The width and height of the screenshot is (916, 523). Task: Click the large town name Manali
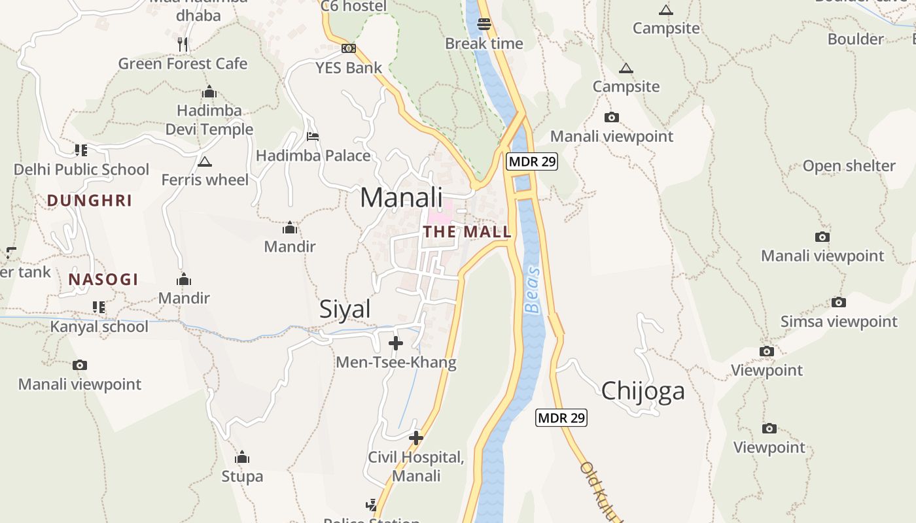(x=401, y=197)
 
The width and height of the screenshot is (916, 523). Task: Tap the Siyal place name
(x=345, y=309)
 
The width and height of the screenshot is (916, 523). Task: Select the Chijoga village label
(x=643, y=391)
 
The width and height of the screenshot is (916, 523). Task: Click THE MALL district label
(x=467, y=231)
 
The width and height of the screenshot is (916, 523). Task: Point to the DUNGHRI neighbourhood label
(x=90, y=201)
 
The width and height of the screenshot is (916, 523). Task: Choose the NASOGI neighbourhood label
(x=103, y=280)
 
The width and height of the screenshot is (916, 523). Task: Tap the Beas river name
(x=533, y=290)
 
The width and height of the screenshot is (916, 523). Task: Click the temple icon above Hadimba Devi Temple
(x=209, y=92)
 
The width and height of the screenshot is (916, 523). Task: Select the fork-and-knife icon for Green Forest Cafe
(x=183, y=44)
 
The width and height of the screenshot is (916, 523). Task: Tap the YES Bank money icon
(x=349, y=48)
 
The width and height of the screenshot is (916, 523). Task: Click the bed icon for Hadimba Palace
(x=313, y=137)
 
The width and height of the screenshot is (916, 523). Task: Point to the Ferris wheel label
(x=205, y=180)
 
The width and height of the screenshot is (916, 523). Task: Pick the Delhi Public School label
(x=82, y=169)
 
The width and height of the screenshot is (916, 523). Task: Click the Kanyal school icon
(x=99, y=307)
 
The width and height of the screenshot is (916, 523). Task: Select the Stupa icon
(x=242, y=457)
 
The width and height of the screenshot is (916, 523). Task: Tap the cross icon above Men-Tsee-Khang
(x=396, y=343)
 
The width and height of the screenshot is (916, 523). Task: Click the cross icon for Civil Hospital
(x=415, y=437)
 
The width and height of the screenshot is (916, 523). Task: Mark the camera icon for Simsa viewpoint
(x=839, y=302)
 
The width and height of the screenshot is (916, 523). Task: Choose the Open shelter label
(x=849, y=166)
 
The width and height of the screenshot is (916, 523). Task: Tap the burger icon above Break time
(x=484, y=24)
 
